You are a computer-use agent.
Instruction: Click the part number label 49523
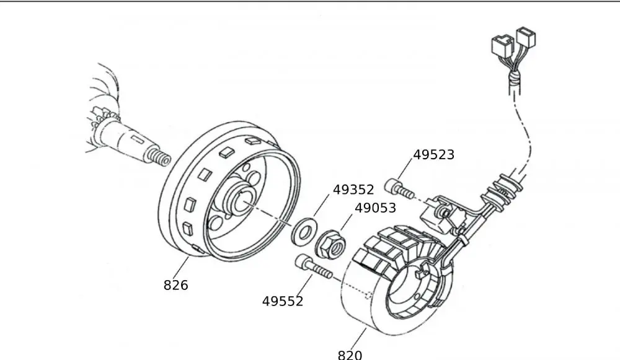[x=433, y=155]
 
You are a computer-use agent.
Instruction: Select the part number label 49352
[x=353, y=190]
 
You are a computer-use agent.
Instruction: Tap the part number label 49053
[x=375, y=208]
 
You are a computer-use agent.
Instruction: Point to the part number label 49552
[x=283, y=302]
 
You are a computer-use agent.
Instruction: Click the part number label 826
[x=175, y=285]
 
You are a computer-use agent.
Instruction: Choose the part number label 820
[x=350, y=354]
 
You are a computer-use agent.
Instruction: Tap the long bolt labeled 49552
[x=314, y=268]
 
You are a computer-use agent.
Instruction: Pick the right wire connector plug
[x=526, y=38]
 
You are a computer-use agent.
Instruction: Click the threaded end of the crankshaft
[x=159, y=158]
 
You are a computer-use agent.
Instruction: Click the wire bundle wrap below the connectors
[x=513, y=80]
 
